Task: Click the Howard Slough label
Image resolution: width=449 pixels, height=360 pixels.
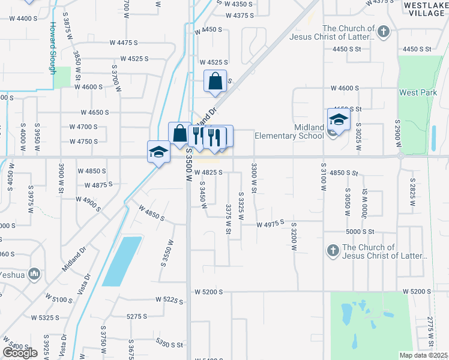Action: tap(53, 47)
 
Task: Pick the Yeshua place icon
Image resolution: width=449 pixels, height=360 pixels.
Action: tap(34, 275)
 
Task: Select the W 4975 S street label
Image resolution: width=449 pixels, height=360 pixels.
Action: tap(270, 224)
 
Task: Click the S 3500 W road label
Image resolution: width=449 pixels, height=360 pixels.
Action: tap(188, 166)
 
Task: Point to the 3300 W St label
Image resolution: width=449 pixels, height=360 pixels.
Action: tap(255, 178)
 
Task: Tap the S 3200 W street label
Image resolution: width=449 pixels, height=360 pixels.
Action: tap(294, 238)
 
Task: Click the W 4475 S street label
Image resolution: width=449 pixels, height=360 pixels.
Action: tap(124, 43)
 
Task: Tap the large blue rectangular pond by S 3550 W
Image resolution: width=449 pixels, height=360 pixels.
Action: tap(122, 261)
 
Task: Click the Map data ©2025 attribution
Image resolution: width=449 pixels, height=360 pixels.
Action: tap(424, 355)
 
